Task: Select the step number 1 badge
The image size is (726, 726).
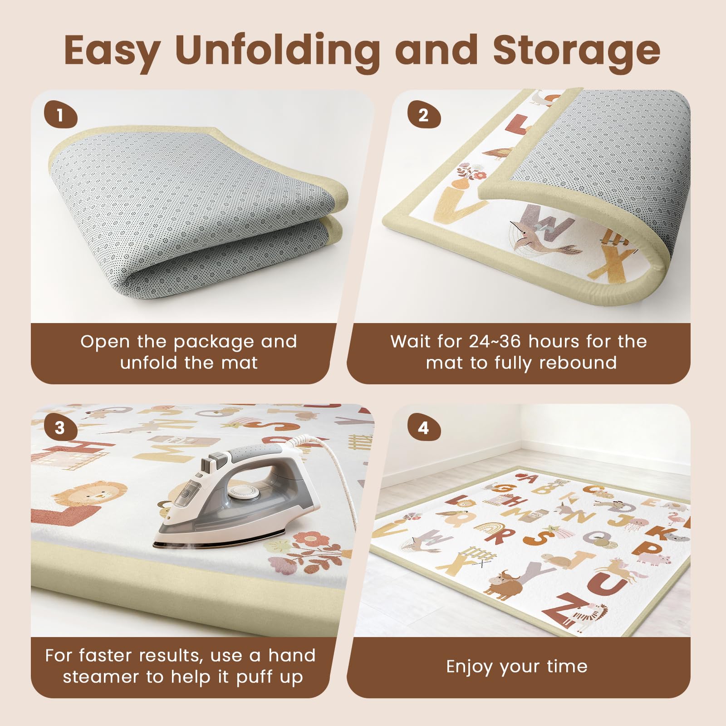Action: point(61,115)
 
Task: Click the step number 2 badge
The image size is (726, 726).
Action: point(424,115)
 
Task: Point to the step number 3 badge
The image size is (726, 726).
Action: point(61,428)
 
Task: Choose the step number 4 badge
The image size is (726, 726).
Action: point(424,428)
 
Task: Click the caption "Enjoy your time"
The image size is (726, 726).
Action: point(517,667)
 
